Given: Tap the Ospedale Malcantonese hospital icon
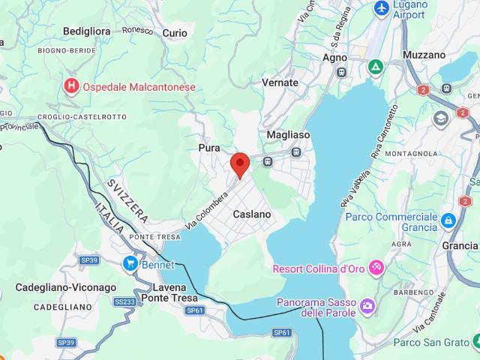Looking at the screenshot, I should pyautogui.click(x=72, y=86).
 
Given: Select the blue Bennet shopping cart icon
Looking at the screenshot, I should pyautogui.click(x=130, y=264).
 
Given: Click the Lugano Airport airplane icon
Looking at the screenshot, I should pyautogui.click(x=382, y=8).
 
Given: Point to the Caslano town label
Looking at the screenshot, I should pyautogui.click(x=251, y=214).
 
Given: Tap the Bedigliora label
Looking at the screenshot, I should pyautogui.click(x=87, y=31).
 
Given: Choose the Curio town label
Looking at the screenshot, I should pyautogui.click(x=175, y=33).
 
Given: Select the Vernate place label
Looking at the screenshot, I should pyautogui.click(x=280, y=82).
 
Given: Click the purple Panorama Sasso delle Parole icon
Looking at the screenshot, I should pyautogui.click(x=367, y=305).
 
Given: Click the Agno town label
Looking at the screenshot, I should pyautogui.click(x=334, y=57).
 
